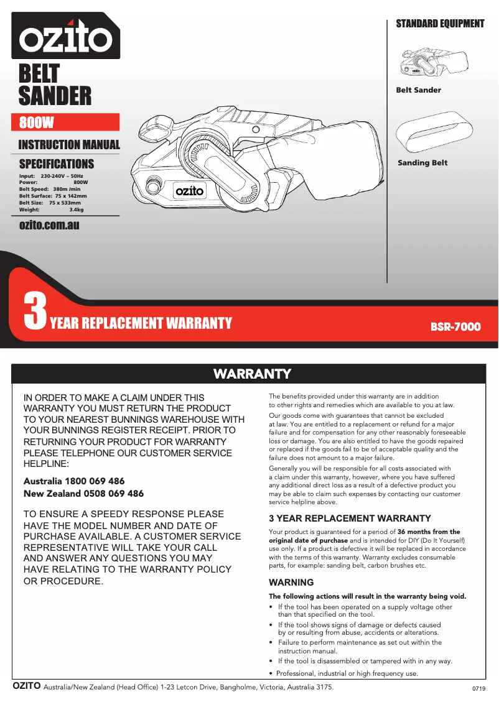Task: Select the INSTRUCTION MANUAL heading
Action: click(x=69, y=145)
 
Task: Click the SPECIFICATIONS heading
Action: click(x=57, y=164)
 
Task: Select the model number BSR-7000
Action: click(x=455, y=326)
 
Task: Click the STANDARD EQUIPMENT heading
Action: click(x=440, y=24)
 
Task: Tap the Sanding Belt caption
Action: click(x=422, y=163)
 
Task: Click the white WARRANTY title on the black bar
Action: click(x=252, y=374)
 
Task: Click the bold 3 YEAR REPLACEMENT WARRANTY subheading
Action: click(x=350, y=518)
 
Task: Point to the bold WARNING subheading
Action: click(x=291, y=583)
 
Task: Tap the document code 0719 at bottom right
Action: click(x=478, y=689)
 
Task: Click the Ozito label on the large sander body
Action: click(x=189, y=191)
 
